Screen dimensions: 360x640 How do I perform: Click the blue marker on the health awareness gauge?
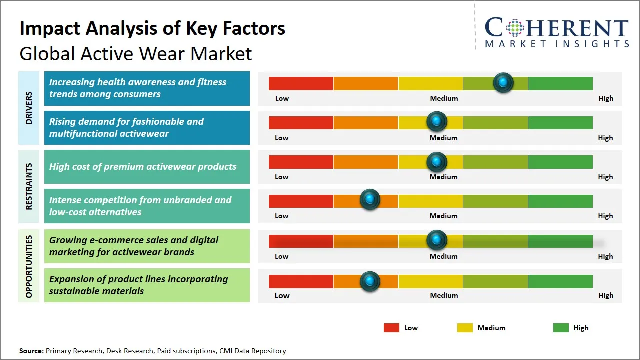[503, 82]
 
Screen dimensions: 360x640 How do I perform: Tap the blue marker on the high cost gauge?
[437, 162]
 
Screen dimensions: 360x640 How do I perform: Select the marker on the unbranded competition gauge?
[370, 200]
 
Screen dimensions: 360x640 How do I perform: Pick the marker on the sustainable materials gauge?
[370, 281]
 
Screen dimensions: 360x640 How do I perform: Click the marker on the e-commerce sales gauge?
[437, 240]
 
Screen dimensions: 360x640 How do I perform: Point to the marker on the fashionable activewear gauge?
[437, 121]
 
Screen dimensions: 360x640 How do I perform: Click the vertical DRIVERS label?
[29, 108]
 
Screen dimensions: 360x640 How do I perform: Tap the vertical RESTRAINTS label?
[29, 186]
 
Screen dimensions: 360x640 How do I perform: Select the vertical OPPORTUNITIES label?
[29, 266]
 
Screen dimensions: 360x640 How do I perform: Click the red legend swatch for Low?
[391, 328]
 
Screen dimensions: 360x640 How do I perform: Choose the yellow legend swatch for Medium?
[465, 328]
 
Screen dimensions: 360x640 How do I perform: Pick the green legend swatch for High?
[561, 328]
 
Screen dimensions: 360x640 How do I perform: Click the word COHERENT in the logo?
[556, 28]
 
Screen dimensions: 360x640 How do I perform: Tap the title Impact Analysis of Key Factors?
[152, 28]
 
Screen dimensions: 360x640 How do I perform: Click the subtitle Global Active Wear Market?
[136, 53]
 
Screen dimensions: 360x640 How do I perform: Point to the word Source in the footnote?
[31, 351]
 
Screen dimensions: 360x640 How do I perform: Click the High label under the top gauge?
[606, 98]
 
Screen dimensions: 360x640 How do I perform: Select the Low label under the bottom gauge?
[282, 295]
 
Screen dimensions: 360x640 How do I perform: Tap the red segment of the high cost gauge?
[301, 162]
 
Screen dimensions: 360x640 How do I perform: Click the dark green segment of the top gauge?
[560, 83]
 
